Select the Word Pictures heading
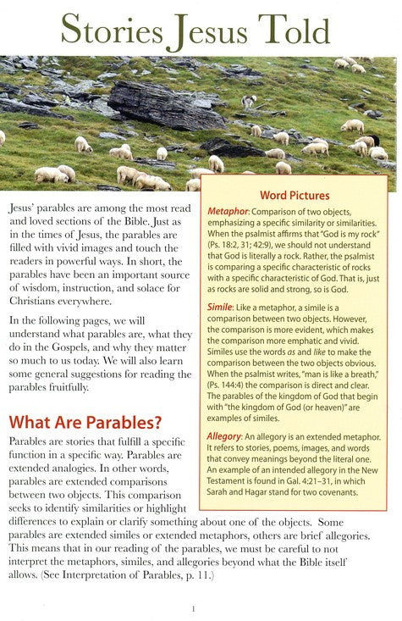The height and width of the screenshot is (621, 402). coord(294,195)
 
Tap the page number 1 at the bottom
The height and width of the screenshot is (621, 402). coord(194,607)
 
